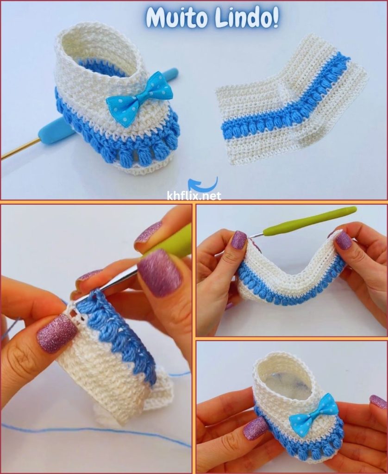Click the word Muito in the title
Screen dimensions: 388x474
pyautogui.click(x=177, y=18)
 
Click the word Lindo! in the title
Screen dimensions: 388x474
pyautogui.click(x=246, y=18)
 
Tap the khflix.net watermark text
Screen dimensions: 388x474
pyautogui.click(x=194, y=196)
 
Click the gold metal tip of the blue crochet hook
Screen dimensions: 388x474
pyautogui.click(x=19, y=149)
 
